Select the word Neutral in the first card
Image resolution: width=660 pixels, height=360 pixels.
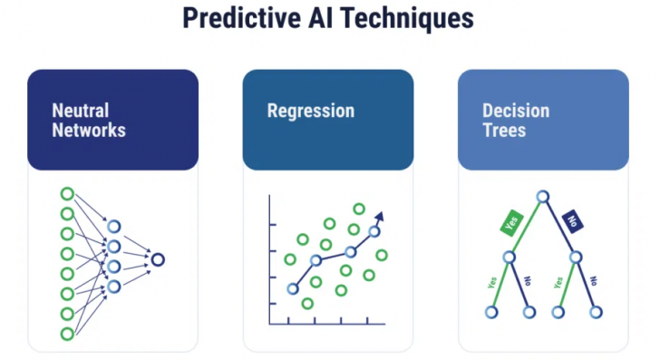click(81, 111)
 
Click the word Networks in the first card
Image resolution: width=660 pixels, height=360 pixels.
click(89, 130)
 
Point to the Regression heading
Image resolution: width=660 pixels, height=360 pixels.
click(310, 111)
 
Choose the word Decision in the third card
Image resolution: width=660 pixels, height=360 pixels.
click(515, 111)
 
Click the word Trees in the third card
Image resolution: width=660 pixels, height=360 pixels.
click(503, 130)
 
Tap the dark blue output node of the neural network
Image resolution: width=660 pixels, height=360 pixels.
click(158, 259)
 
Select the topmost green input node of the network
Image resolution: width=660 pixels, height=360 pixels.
click(66, 194)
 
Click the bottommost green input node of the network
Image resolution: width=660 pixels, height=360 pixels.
click(66, 334)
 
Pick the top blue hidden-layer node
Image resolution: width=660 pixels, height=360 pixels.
click(113, 227)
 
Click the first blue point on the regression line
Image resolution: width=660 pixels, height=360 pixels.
click(292, 289)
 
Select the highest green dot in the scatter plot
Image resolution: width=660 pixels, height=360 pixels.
click(359, 209)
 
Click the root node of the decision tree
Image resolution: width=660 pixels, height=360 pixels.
click(542, 196)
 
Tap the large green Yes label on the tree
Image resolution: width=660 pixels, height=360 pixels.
click(511, 223)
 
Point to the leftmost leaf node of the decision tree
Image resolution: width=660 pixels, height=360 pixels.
click(490, 312)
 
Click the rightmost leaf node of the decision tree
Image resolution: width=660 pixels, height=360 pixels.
click(596, 312)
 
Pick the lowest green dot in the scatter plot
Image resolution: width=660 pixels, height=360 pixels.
click(308, 304)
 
